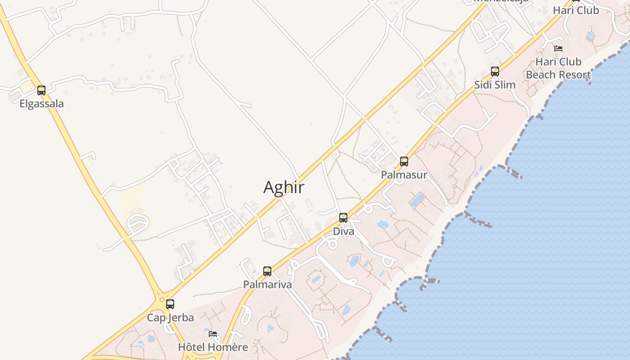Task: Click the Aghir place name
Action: point(283,187)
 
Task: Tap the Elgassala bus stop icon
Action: point(41,90)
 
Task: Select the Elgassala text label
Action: point(41,103)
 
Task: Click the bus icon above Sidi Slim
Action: point(495,72)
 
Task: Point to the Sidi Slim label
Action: point(495,85)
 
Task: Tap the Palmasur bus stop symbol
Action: point(404,162)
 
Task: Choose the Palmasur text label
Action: point(404,175)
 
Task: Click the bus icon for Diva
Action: point(343,218)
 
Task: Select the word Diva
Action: point(343,231)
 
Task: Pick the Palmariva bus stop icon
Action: point(267,271)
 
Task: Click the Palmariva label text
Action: point(267,284)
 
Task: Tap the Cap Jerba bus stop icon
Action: point(170,304)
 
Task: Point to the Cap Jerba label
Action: point(170,318)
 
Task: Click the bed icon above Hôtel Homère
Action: point(213,334)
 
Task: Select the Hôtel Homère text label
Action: point(213,347)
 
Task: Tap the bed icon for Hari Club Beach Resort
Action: point(558,49)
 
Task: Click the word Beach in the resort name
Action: point(541,75)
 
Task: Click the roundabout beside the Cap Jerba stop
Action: point(161,299)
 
